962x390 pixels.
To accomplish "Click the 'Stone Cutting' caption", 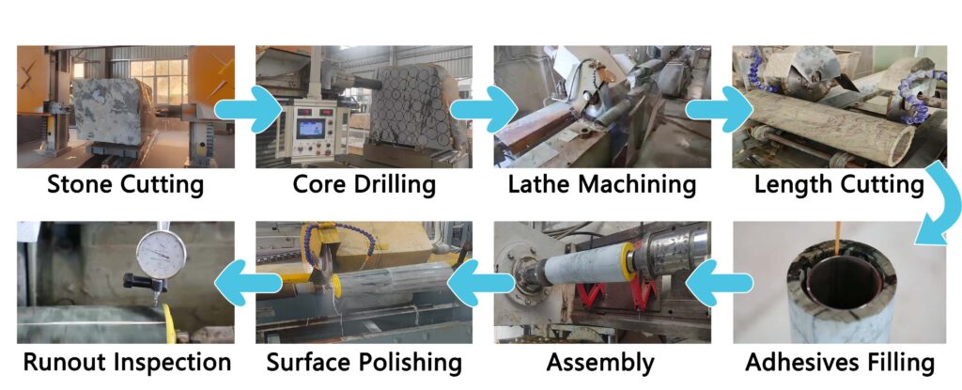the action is coord(126,183).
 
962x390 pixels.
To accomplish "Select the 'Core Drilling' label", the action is coord(365,183).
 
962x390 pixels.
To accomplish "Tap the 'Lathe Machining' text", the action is coord(602,183).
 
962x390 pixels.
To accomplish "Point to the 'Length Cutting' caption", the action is coord(839,183).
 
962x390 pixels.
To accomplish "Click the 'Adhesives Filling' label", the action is coord(840,363).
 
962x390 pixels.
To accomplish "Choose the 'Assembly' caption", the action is coord(600,363).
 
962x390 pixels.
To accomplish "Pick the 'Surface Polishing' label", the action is coord(364,363).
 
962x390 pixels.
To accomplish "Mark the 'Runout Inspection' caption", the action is coord(127,363).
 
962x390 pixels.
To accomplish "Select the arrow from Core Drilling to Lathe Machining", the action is coord(485,109).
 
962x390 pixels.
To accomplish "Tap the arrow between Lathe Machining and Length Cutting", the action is coord(720,109).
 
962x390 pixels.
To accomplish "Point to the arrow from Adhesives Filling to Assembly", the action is coord(719,283).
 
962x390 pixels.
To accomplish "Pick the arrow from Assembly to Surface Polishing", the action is coord(481,283).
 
